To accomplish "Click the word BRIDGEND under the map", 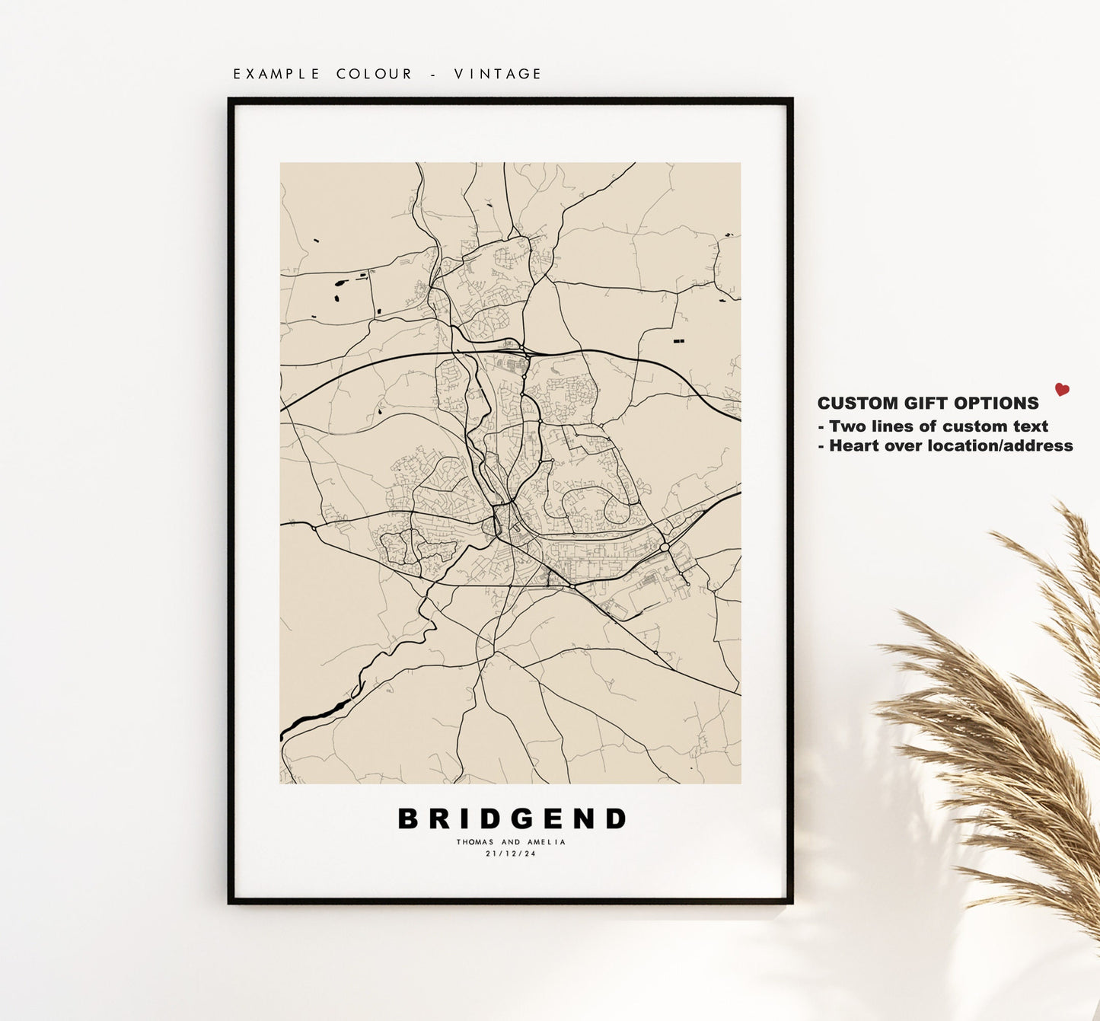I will point(512,819).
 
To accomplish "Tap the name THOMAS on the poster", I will point(475,842).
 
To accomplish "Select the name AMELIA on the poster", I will point(548,842).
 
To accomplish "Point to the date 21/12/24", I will point(511,853).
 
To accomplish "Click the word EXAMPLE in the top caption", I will point(276,74).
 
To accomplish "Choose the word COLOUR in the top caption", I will point(375,74).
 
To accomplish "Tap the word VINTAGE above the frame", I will point(498,74).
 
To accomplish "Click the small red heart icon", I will point(1062,390).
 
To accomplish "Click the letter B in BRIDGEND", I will point(409,819).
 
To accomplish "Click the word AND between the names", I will point(512,842).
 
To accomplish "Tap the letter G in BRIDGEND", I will point(512,819).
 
